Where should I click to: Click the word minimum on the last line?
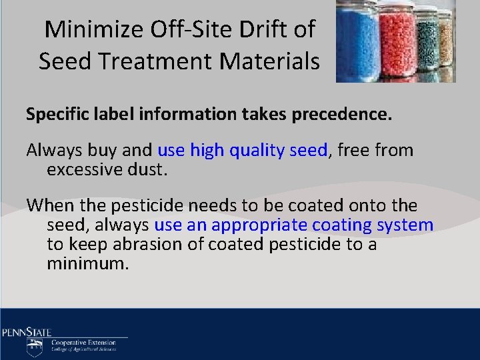[87, 263]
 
